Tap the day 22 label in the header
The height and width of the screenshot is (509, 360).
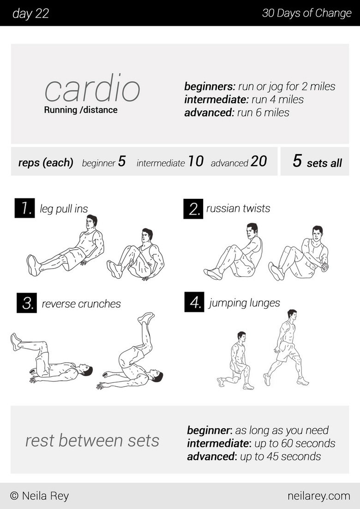30,13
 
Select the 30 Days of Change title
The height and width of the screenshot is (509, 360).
306,13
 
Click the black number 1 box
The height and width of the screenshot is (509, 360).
24,208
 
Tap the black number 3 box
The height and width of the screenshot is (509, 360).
26,303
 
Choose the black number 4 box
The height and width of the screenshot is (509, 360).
194,302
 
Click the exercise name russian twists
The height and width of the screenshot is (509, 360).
238,208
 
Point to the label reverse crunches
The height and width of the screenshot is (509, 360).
81,304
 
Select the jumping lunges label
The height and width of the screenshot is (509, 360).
245,303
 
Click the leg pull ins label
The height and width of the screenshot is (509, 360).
64,209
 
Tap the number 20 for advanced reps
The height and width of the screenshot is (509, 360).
259,161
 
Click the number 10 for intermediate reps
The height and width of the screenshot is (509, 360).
196,161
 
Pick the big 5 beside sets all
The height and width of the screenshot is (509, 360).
297,161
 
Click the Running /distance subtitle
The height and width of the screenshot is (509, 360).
81,110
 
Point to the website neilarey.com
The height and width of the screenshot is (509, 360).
318,496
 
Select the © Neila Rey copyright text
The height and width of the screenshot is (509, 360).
39,496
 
